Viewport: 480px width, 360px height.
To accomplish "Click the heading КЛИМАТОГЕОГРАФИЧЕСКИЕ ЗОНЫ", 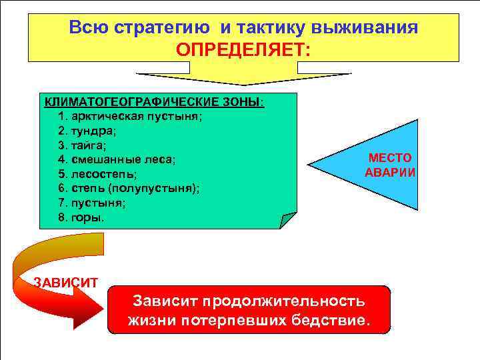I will (153, 102).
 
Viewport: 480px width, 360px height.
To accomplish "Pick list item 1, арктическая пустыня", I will (131, 116).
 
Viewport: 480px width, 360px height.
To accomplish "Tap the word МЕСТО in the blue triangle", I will (390, 158).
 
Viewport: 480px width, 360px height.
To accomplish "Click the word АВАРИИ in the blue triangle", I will (390, 172).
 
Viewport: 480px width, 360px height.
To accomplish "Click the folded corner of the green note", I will (288, 220).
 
